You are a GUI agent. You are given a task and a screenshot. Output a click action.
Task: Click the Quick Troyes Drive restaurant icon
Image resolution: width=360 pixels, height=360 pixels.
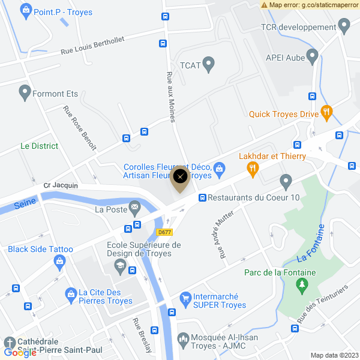click(326, 111)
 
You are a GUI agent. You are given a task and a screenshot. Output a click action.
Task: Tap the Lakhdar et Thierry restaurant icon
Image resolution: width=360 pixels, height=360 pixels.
click(253, 170)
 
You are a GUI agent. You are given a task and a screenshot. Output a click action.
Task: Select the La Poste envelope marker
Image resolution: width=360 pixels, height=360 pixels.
click(134, 208)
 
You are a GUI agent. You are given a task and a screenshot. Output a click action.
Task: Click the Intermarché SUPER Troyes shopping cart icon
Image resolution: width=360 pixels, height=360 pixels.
click(185, 298)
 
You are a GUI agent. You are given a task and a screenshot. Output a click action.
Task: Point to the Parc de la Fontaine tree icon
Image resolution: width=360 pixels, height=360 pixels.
click(301, 287)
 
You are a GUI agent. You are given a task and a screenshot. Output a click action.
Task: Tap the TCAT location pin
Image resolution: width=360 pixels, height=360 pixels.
click(209, 63)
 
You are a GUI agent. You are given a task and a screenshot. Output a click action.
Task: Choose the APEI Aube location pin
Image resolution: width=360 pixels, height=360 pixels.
click(312, 56)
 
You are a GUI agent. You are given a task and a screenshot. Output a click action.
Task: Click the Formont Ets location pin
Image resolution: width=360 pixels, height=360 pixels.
click(25, 92)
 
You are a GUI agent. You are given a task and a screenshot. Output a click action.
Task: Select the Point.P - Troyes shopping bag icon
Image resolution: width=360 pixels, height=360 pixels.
click(25, 10)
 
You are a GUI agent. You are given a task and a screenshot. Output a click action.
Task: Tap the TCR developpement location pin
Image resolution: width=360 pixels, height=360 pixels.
click(344, 25)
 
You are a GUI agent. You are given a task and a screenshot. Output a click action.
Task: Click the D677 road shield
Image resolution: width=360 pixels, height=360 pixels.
click(164, 232)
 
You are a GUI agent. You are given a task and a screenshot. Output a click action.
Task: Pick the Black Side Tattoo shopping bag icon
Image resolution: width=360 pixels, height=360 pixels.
click(59, 261)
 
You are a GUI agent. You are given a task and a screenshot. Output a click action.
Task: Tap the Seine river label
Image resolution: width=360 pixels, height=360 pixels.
click(25, 203)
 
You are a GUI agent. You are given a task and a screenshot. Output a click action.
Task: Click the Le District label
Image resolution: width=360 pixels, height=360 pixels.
click(39, 146)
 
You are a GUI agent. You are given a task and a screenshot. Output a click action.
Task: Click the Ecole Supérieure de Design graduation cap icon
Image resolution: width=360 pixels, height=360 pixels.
click(119, 265)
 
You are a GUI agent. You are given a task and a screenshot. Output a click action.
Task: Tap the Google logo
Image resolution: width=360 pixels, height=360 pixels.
click(20, 353)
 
